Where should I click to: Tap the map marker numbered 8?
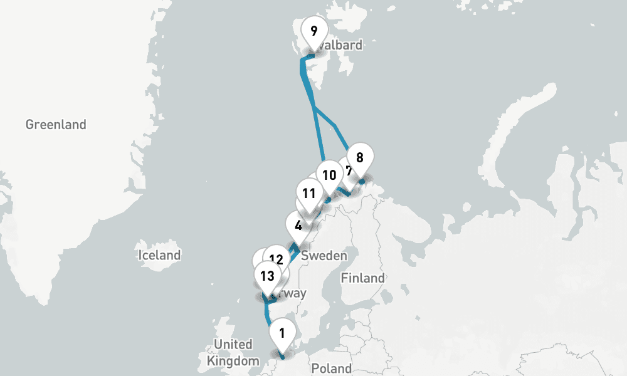point(359,158)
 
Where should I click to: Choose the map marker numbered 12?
point(275,259)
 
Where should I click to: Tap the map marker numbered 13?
point(267,276)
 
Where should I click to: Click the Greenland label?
point(56,125)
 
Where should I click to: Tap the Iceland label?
point(160,255)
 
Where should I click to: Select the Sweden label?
point(324,256)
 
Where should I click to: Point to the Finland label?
point(362,278)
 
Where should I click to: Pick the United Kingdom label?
point(233,353)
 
